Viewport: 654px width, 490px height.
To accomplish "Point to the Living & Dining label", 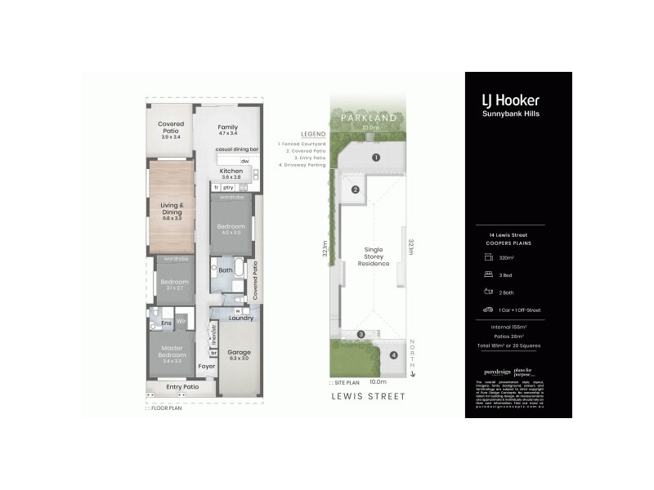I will click(x=171, y=210).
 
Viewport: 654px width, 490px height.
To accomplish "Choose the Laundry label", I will click(x=241, y=318).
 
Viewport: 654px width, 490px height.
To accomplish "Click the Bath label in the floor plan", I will click(x=226, y=269).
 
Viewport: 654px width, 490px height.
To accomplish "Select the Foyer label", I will click(x=207, y=367).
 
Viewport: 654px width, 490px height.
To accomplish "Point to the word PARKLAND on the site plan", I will click(x=371, y=118).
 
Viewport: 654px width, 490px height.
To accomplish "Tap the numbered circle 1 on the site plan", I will click(x=376, y=157).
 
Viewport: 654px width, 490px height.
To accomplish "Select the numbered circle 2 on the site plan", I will click(x=356, y=190).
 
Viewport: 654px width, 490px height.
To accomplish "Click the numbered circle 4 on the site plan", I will click(x=394, y=355).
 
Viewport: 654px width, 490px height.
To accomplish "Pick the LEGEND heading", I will click(x=314, y=133).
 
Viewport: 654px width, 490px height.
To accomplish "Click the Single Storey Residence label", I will click(x=372, y=258).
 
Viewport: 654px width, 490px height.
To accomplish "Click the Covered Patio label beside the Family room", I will click(x=171, y=131).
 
